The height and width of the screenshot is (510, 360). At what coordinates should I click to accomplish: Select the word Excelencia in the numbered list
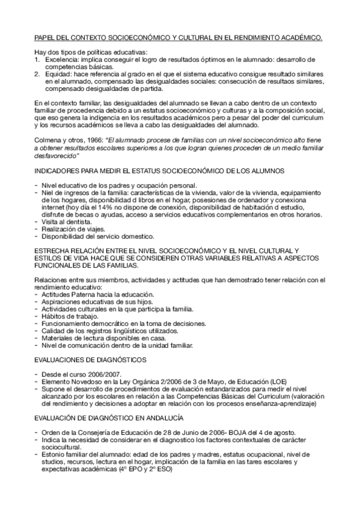pyautogui.click(x=58, y=61)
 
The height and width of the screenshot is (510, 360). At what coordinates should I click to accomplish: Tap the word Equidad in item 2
pyautogui.click(x=55, y=75)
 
